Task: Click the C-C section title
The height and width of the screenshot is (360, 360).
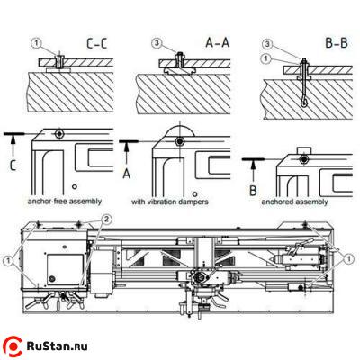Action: [96, 43]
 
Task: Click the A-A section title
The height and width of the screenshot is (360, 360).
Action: [218, 42]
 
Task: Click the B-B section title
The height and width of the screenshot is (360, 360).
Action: [337, 43]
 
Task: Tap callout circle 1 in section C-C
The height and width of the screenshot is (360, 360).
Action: [36, 44]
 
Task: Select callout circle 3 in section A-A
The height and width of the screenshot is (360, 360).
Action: [157, 43]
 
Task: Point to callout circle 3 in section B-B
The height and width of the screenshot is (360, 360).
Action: [267, 45]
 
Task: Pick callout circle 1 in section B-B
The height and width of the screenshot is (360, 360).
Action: [266, 58]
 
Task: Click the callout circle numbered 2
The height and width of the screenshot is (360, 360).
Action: [106, 220]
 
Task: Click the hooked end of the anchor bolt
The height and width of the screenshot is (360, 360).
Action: [303, 103]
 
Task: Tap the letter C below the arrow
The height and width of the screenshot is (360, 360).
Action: [13, 165]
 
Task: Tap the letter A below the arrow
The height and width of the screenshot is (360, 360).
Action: [127, 174]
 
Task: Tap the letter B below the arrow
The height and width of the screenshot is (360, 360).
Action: [253, 191]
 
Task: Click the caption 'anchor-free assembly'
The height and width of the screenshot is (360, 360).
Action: [65, 202]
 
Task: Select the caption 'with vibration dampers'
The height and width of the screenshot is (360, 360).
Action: [170, 202]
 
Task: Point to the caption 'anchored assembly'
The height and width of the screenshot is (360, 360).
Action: [294, 202]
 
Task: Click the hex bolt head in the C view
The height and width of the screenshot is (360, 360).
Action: [60, 133]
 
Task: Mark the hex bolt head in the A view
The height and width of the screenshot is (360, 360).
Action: [180, 141]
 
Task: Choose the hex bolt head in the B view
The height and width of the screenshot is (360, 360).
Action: [305, 158]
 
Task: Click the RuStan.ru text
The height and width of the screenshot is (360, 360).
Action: [58, 346]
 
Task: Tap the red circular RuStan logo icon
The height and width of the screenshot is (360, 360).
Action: [13, 347]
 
